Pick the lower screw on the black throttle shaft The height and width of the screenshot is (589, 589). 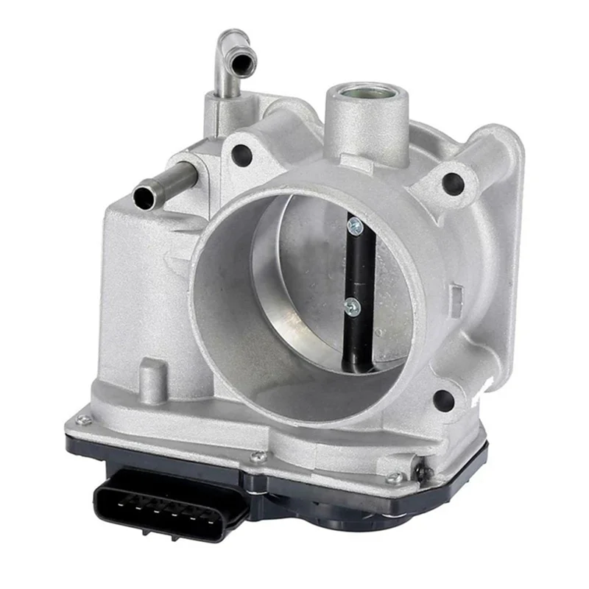point(352,306)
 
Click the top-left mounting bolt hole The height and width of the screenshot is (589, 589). point(240,154)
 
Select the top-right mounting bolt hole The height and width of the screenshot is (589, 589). point(452,183)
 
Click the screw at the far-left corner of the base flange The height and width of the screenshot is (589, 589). point(82,420)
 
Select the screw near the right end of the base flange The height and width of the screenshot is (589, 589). point(395,479)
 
